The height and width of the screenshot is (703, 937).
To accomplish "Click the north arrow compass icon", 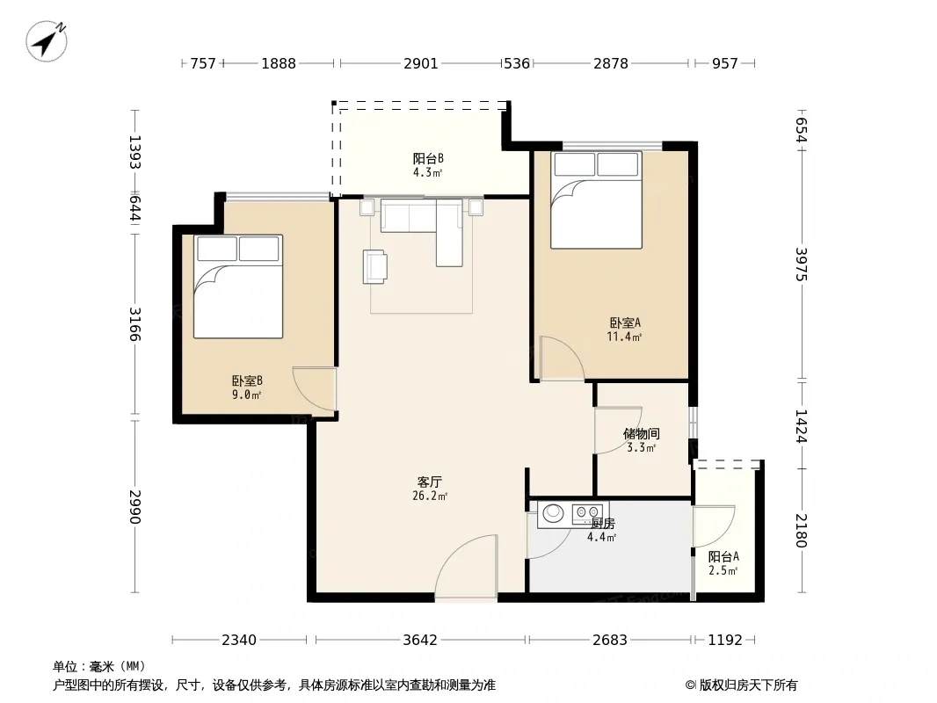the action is pyautogui.click(x=46, y=41).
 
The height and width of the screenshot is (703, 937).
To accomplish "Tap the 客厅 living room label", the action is pyautogui.click(x=430, y=482).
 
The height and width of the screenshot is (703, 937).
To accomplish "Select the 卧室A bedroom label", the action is pyautogui.click(x=625, y=323).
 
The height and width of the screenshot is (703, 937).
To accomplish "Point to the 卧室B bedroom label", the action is pyautogui.click(x=247, y=380).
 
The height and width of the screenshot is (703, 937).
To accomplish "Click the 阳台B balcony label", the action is pyautogui.click(x=428, y=158).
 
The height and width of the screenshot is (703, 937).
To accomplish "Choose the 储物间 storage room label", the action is pyautogui.click(x=641, y=433).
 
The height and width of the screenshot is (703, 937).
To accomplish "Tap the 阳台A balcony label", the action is pyautogui.click(x=723, y=556).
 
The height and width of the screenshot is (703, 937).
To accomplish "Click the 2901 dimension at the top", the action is pyautogui.click(x=421, y=63).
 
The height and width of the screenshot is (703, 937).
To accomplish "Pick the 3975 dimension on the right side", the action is pyautogui.click(x=802, y=265).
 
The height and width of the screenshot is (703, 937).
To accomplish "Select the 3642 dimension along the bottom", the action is pyautogui.click(x=420, y=641).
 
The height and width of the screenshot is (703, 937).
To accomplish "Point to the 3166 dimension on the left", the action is pyautogui.click(x=135, y=324).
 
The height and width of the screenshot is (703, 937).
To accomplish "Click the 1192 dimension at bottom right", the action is pyautogui.click(x=725, y=641).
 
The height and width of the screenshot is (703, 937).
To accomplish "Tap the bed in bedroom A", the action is pyautogui.click(x=596, y=200).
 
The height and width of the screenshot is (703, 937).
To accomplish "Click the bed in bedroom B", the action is pyautogui.click(x=238, y=286).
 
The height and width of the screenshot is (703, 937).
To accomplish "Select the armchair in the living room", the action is pyautogui.click(x=374, y=266).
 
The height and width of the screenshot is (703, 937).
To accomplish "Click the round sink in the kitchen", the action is pyautogui.click(x=553, y=513).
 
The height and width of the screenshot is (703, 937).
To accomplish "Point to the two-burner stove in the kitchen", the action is pyautogui.click(x=587, y=511).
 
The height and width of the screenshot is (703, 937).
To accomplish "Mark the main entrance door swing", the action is pyautogui.click(x=466, y=565).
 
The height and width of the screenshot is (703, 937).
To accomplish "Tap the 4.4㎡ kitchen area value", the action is pyautogui.click(x=601, y=537).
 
